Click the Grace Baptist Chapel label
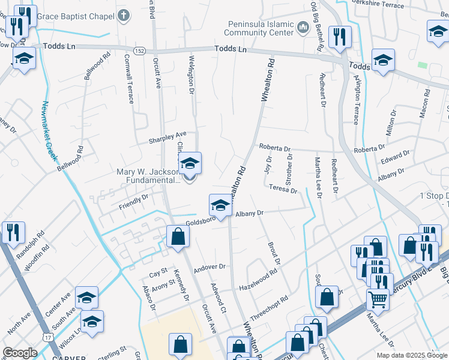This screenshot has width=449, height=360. click(x=76, y=16)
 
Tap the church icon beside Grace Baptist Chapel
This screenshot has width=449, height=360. click(x=124, y=16)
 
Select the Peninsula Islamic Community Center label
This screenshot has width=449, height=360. click(x=261, y=28)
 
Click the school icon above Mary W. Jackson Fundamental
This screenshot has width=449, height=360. click(x=190, y=164)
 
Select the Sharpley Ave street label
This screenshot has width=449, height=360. click(x=168, y=137)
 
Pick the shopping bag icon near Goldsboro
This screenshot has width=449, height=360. click(x=178, y=237)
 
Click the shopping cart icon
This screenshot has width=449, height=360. click(x=378, y=299)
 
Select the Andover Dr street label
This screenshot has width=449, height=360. click(x=209, y=267)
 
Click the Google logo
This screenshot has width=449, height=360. click(x=20, y=353)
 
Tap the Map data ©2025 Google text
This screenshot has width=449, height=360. click(x=411, y=355)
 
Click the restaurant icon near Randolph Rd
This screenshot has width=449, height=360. click(x=13, y=232)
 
